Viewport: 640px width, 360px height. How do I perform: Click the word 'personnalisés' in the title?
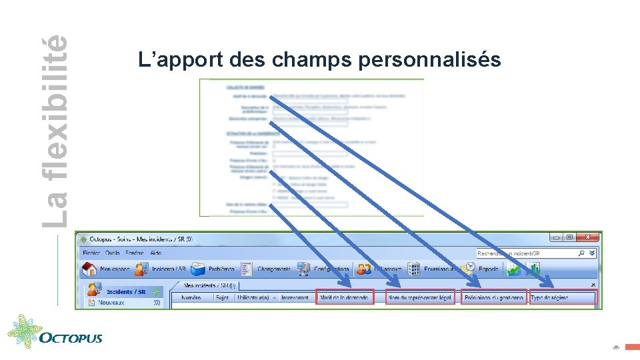429,60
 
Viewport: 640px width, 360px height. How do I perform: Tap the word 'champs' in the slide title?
312,60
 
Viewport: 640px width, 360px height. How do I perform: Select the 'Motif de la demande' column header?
345,297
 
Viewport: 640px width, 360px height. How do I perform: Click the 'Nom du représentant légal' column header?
420,297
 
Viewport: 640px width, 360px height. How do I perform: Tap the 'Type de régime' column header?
562,297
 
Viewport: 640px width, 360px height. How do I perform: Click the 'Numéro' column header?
191,297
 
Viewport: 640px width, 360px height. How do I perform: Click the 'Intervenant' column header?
295,297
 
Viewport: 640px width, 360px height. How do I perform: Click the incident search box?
527,253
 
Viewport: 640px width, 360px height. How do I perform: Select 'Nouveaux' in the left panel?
111,303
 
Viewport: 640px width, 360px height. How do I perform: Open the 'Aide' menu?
156,253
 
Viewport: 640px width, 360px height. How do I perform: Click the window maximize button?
569,237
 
